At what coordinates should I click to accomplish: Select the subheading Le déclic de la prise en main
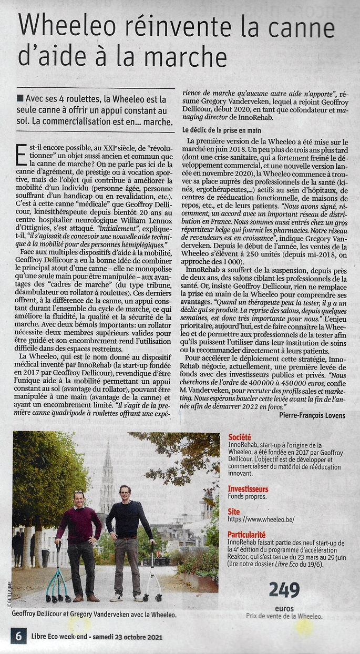221,129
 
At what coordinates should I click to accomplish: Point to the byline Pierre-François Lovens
312,415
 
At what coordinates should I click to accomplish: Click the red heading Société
240,437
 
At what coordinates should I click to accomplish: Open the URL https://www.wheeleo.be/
261,519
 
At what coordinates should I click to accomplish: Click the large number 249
284,589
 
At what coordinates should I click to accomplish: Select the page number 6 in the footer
18,636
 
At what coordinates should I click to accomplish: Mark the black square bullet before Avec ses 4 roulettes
20,98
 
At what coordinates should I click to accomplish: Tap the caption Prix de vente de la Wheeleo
284,616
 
